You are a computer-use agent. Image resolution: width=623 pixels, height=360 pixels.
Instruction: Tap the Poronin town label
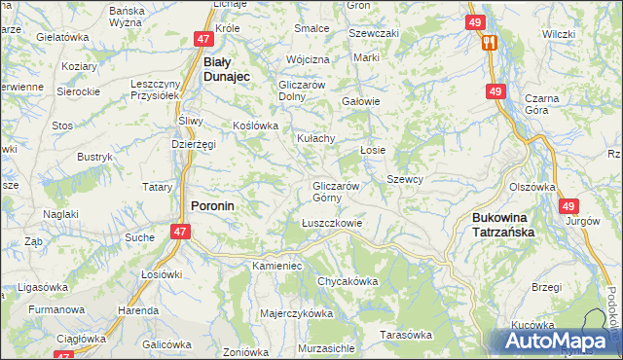pyautogui.click(x=212, y=206)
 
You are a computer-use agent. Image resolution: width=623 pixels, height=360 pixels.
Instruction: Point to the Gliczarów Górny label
pyautogui.click(x=337, y=192)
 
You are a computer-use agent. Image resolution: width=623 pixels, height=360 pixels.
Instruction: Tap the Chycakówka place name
pyautogui.click(x=348, y=281)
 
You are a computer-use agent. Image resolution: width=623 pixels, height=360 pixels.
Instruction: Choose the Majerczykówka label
pyautogui.click(x=297, y=314)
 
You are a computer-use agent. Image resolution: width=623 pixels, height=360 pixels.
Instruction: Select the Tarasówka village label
pyautogui.click(x=406, y=335)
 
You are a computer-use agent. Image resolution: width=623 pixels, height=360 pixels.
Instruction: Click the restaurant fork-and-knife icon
pyautogui.click(x=490, y=42)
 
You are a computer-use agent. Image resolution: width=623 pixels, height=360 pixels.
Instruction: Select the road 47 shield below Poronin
pyautogui.click(x=180, y=232)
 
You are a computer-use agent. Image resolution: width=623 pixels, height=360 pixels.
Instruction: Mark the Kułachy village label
pyautogui.click(x=316, y=138)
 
